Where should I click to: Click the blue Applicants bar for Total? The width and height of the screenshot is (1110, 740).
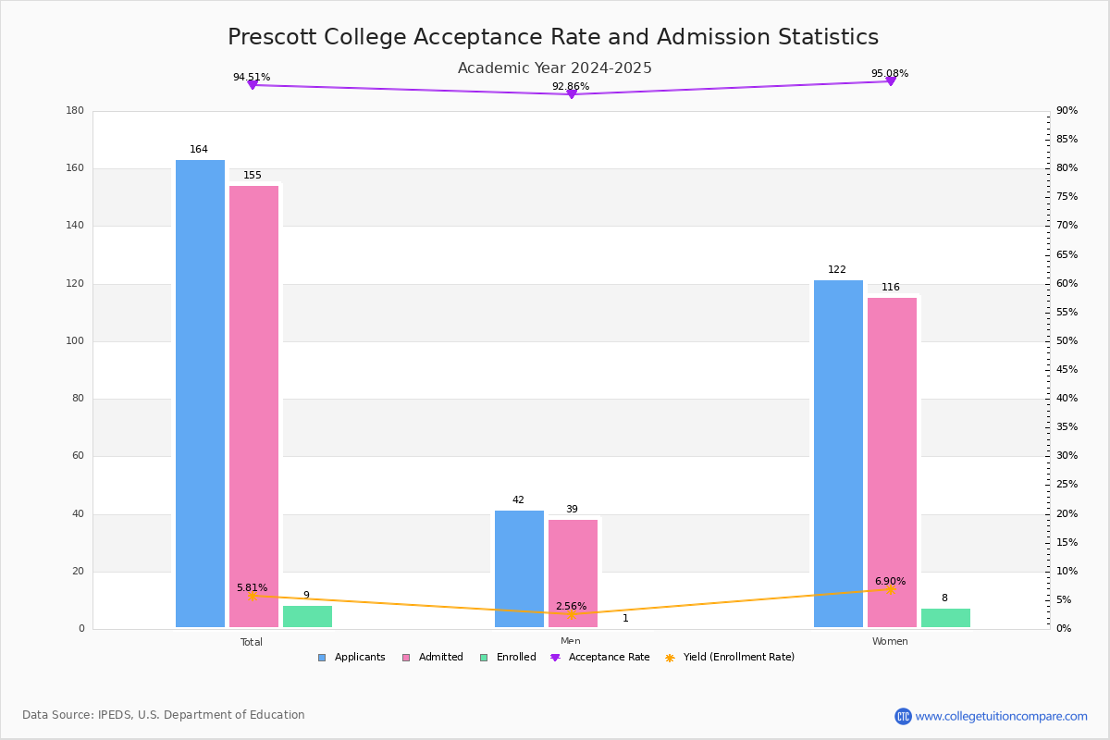coord(200,393)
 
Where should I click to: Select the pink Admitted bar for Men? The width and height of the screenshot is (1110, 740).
coord(573,573)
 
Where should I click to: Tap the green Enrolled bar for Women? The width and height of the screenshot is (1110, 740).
coord(945,618)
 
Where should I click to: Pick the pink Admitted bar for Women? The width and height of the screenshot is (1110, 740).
coord(892,462)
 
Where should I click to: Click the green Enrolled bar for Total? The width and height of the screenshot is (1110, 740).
coord(307,616)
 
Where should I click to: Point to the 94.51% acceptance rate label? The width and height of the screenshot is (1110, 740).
coord(252,78)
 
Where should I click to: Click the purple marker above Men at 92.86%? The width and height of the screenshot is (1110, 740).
coord(571,94)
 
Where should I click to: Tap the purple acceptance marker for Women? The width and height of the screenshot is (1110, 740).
coord(890,81)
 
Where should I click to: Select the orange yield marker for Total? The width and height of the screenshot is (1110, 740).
coord(252,596)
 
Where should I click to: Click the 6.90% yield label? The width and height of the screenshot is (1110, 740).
coord(890,582)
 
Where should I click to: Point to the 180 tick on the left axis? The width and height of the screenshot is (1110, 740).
coord(75,111)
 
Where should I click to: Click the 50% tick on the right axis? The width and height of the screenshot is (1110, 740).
coord(1067,341)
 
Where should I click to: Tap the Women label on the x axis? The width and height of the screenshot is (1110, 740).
coord(890,642)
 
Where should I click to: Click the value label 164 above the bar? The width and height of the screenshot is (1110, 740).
coord(199,150)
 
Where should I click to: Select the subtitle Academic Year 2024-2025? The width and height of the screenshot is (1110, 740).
coord(555,68)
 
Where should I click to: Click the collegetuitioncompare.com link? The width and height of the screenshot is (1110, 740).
coord(1001,716)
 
